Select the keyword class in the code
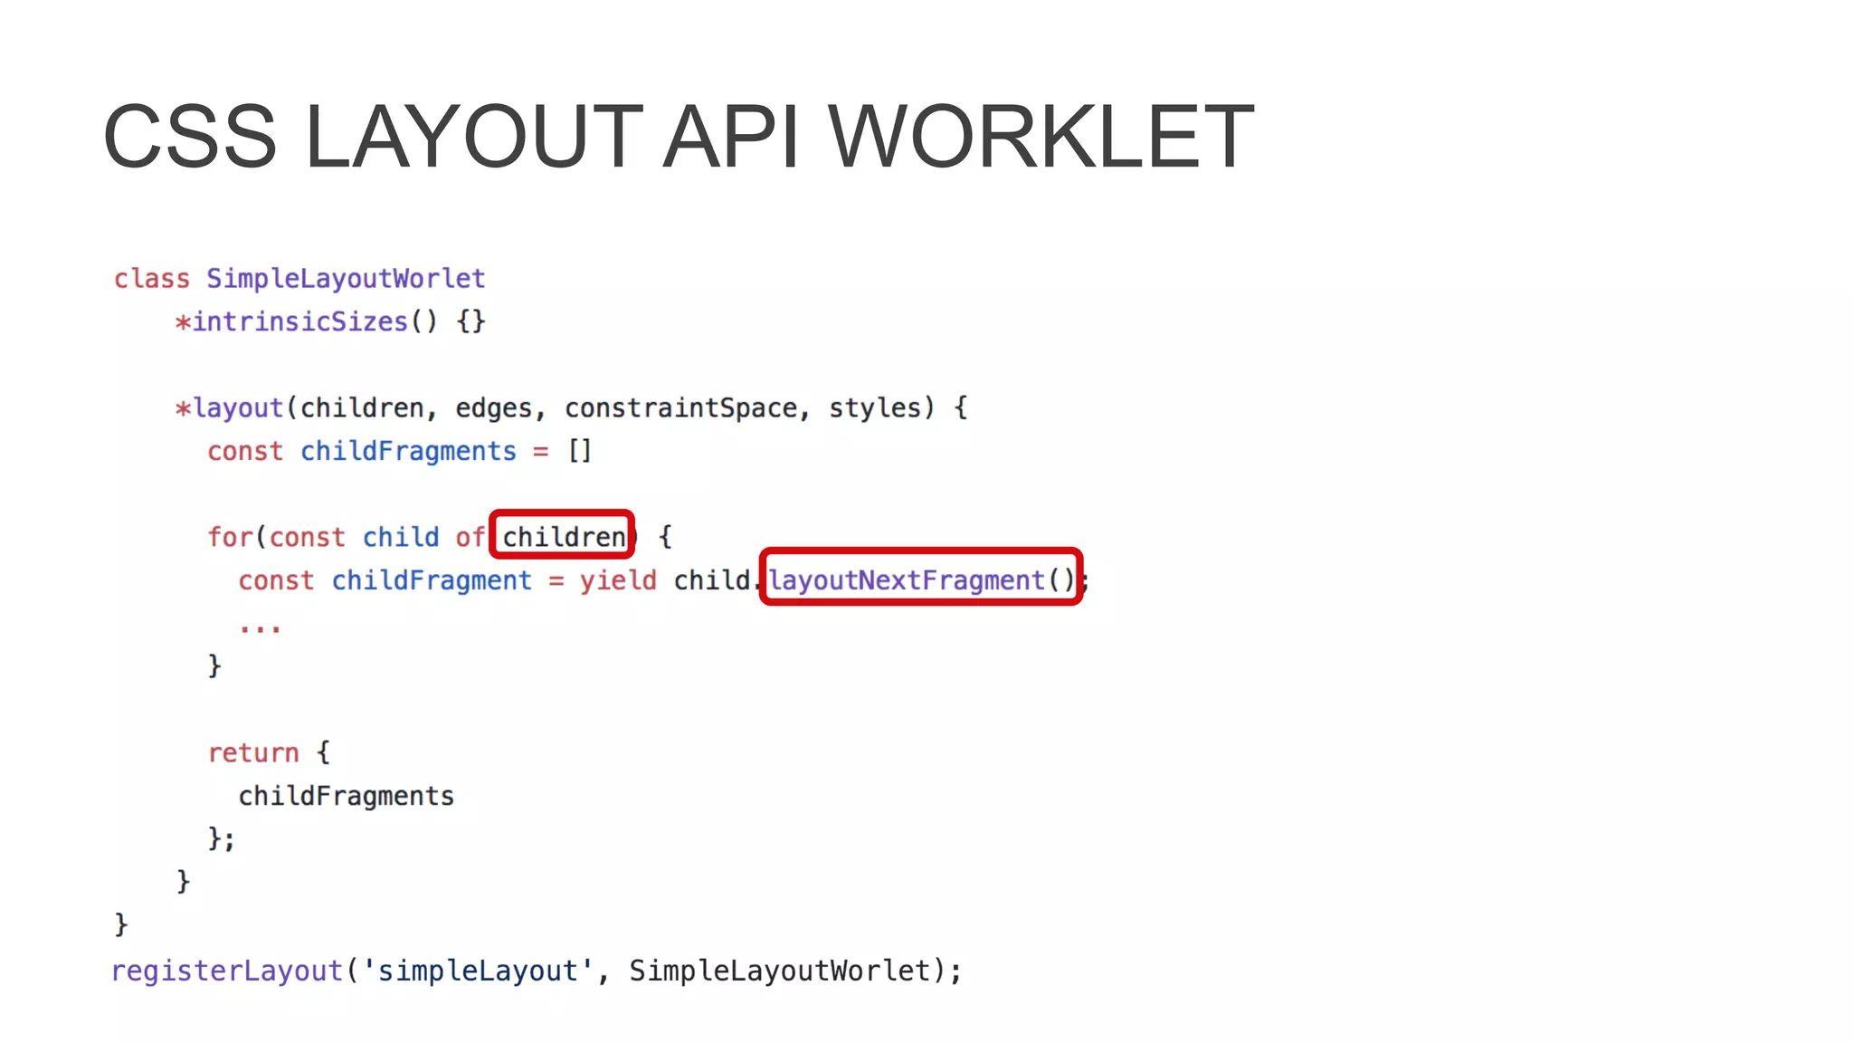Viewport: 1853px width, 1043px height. point(152,279)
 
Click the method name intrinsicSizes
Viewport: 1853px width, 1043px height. point(300,322)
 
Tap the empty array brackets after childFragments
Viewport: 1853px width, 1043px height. point(580,451)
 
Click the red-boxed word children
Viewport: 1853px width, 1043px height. point(563,537)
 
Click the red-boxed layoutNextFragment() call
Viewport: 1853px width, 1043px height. point(921,579)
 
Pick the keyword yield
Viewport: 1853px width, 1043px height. point(619,580)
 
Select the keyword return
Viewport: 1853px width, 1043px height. point(253,752)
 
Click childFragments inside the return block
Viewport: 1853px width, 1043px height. point(346,796)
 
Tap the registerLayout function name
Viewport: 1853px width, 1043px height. point(227,971)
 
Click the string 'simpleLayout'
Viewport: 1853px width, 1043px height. point(477,971)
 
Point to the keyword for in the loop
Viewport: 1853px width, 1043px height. point(230,537)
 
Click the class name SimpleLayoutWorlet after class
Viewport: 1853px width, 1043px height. point(346,279)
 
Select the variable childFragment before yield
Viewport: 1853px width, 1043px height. point(432,580)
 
